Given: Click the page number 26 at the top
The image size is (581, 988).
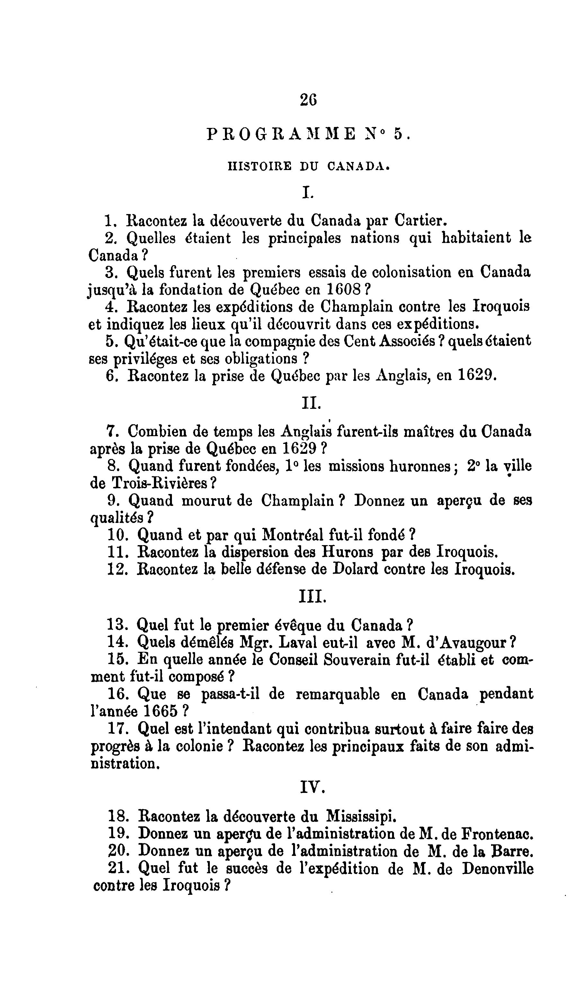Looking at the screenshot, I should [x=308, y=100].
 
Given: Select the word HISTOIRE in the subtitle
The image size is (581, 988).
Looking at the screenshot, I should [x=260, y=166].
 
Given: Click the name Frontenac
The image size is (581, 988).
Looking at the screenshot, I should [x=497, y=833].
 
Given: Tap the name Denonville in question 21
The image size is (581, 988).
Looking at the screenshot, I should [x=497, y=868].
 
